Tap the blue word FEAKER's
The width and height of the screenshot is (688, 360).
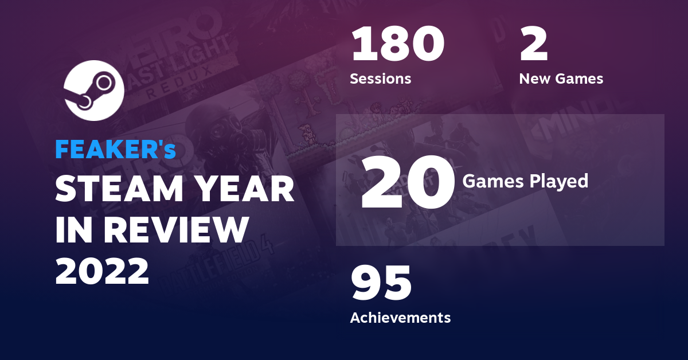(x=115, y=150)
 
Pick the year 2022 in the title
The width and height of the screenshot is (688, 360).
(x=102, y=271)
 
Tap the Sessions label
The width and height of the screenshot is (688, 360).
(x=380, y=79)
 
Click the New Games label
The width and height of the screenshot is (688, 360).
(x=561, y=79)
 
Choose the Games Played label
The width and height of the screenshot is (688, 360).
(x=525, y=181)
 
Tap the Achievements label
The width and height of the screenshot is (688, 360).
(x=400, y=317)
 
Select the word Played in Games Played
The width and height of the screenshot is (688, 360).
(x=557, y=181)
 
